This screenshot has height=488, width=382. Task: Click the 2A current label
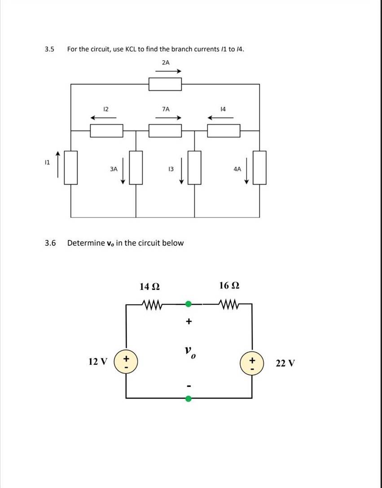pos(166,62)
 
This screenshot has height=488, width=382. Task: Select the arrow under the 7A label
pos(168,118)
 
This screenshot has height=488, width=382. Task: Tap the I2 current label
pos(105,109)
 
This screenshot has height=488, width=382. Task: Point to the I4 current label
pos(223,109)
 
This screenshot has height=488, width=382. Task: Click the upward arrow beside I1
pos(57,164)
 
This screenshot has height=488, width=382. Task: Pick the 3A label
pos(114,169)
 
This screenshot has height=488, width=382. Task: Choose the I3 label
pos(171,169)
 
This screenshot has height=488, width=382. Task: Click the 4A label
pos(237,169)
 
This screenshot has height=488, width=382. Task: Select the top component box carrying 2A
pos(165,84)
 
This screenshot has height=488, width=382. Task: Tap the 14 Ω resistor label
pos(150,286)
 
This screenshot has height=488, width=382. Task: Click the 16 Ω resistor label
pos(229,285)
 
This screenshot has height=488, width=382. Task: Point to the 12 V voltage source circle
pos(126,362)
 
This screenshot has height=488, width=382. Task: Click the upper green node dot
pos(188,304)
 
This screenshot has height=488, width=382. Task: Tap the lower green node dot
pos(188,399)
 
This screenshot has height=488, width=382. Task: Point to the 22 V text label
pos(285,363)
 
